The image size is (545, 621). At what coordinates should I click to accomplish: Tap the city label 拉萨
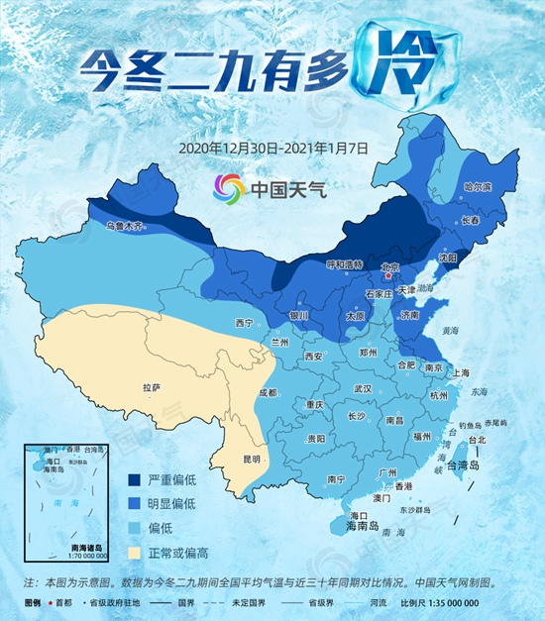click(151, 387)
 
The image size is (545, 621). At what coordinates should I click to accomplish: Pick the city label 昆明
click(251, 459)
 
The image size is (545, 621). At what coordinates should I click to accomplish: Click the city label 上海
click(459, 372)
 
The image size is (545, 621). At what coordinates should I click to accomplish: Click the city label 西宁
click(245, 323)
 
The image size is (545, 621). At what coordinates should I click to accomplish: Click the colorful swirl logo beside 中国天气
click(227, 185)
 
